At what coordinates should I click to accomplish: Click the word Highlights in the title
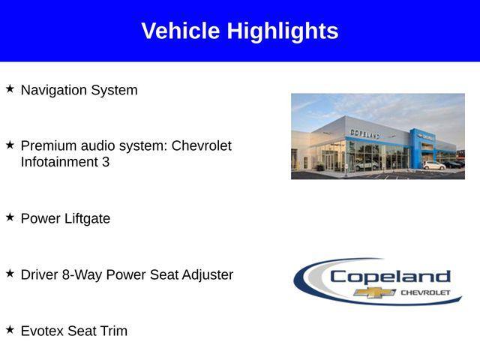pos(283,31)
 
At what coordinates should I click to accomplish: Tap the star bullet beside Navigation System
pos(10,88)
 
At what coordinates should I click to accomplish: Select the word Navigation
pos(54,90)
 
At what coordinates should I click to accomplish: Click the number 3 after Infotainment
pos(106,161)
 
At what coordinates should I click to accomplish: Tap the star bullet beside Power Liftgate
pos(10,217)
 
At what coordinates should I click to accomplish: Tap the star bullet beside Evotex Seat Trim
pos(10,329)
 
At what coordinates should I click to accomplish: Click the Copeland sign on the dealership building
pos(364,133)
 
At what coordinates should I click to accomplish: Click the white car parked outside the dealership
pos(433,165)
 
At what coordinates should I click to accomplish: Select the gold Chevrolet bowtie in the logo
pos(375,292)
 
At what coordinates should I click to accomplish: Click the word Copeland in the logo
pos(390,276)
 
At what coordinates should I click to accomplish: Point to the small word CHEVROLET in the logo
pos(425,292)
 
